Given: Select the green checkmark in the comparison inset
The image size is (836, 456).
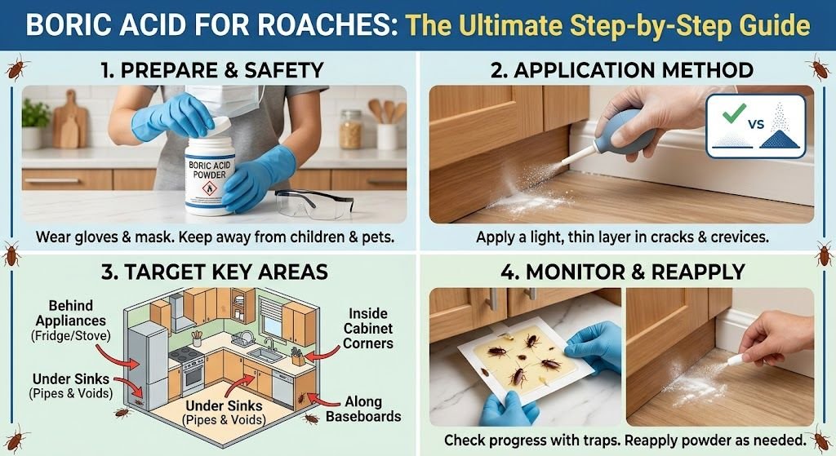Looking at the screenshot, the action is click(734, 113).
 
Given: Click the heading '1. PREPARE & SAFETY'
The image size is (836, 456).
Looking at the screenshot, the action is click(212, 70).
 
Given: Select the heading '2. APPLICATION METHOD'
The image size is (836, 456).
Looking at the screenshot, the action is click(621, 70).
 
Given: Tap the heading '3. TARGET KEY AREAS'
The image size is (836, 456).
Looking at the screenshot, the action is click(215, 272).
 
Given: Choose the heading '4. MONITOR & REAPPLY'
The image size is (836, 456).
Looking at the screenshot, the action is click(623, 272).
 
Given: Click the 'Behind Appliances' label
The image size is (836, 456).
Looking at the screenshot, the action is click(71, 313).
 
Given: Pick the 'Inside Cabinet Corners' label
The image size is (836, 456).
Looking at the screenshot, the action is click(368, 328).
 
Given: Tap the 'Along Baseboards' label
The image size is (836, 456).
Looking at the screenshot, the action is click(363, 409).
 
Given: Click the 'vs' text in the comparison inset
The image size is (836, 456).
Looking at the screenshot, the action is click(756, 124).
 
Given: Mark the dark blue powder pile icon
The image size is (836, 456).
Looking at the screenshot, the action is click(780, 137).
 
